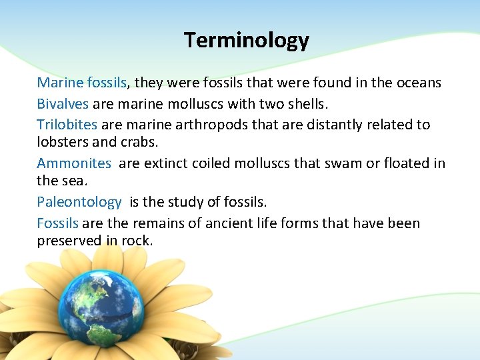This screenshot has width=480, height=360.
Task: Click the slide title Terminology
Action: [x=247, y=41]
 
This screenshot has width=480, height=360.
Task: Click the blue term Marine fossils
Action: [x=82, y=83]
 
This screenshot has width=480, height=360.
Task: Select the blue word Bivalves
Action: [x=63, y=104]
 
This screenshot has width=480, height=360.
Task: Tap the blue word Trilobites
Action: [x=67, y=125]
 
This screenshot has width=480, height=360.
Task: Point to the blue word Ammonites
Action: [x=74, y=163]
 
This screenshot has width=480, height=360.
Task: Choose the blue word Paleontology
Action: [x=79, y=202]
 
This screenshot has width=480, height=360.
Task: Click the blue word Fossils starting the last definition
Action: [x=57, y=223]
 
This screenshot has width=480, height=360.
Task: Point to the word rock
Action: [x=137, y=241]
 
